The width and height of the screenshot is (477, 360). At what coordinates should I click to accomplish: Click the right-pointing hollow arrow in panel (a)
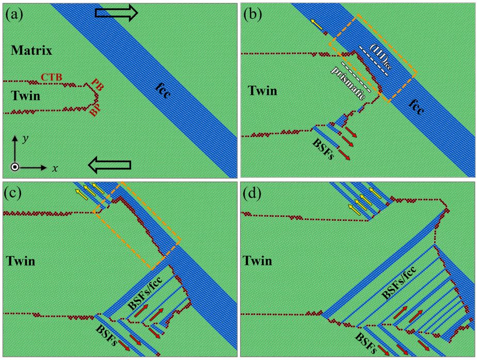coord(117,13)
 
